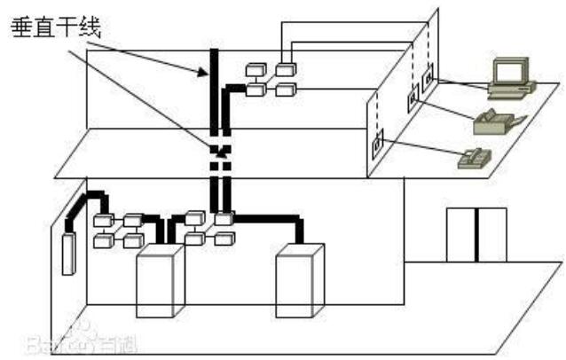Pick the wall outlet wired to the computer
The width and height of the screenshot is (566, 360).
click(x=428, y=78)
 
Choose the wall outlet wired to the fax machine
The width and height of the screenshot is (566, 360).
click(x=412, y=101)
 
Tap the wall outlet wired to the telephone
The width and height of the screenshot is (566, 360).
click(x=378, y=140)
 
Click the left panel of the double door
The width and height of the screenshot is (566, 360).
click(x=461, y=235)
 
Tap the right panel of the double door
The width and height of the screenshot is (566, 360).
click(x=491, y=235)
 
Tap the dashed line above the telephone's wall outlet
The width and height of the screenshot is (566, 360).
click(x=377, y=111)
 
